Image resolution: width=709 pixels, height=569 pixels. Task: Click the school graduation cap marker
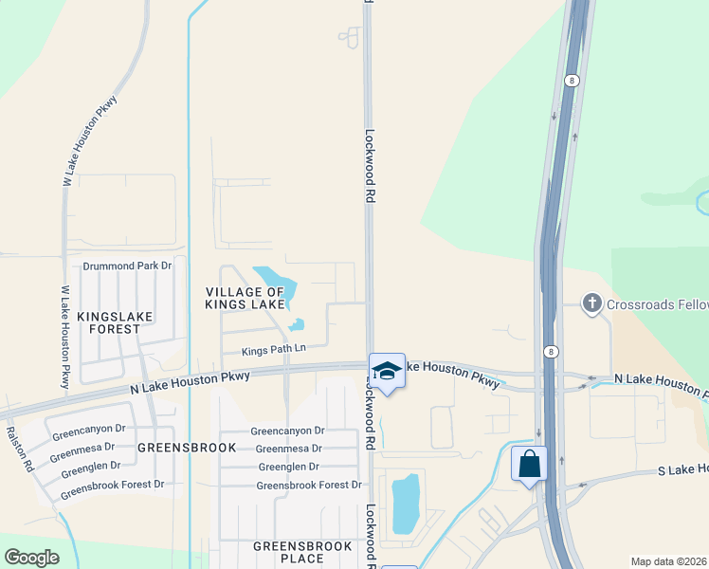tap(387, 370)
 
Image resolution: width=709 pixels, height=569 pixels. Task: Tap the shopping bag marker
tap(529, 465)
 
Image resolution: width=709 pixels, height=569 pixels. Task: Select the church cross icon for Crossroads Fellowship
tap(592, 303)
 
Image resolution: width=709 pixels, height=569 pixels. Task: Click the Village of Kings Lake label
tap(245, 298)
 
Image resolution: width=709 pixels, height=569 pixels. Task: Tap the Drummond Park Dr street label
tap(127, 266)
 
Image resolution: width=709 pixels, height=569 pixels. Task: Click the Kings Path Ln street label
tap(274, 350)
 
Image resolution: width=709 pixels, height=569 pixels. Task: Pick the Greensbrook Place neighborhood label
tap(302, 552)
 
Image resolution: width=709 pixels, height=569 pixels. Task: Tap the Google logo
tap(31, 558)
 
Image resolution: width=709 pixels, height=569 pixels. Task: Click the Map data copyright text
tap(669, 561)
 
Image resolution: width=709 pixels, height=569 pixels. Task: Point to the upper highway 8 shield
tap(573, 81)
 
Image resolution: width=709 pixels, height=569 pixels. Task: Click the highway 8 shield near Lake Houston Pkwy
tap(550, 351)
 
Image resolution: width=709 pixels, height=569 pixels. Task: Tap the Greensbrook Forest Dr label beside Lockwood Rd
tap(309, 486)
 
